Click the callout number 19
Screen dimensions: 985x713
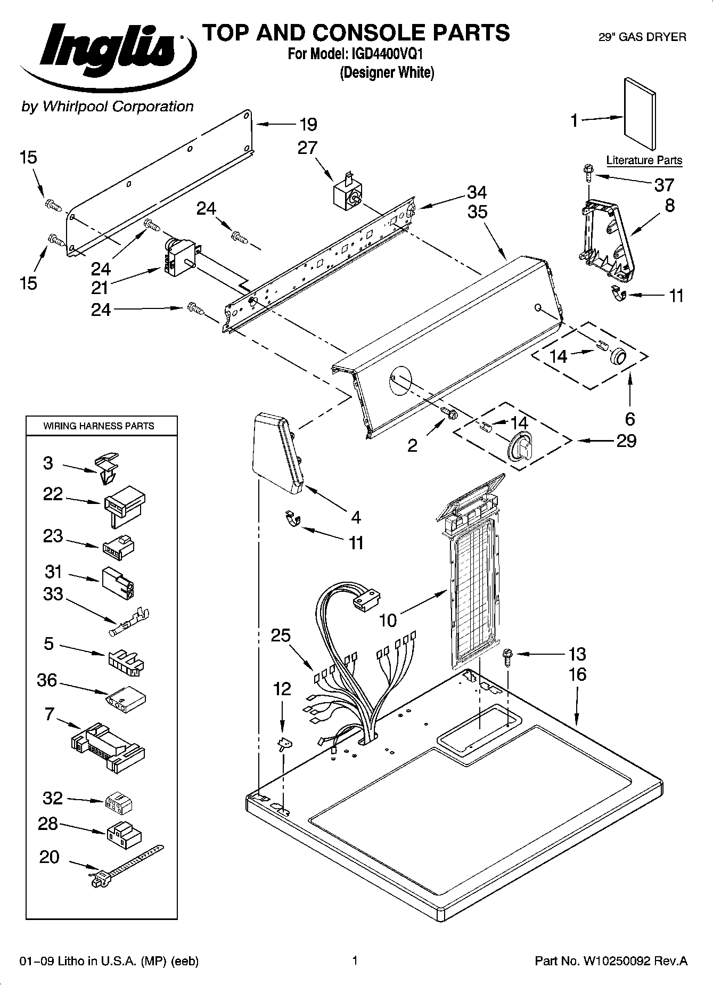308,125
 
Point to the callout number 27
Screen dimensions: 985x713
307,148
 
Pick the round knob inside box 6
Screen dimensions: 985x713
618,355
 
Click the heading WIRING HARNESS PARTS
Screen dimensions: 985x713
99,426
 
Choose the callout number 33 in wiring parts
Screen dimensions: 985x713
53,593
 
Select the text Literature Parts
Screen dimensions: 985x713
644,160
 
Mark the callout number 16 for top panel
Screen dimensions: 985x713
577,674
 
